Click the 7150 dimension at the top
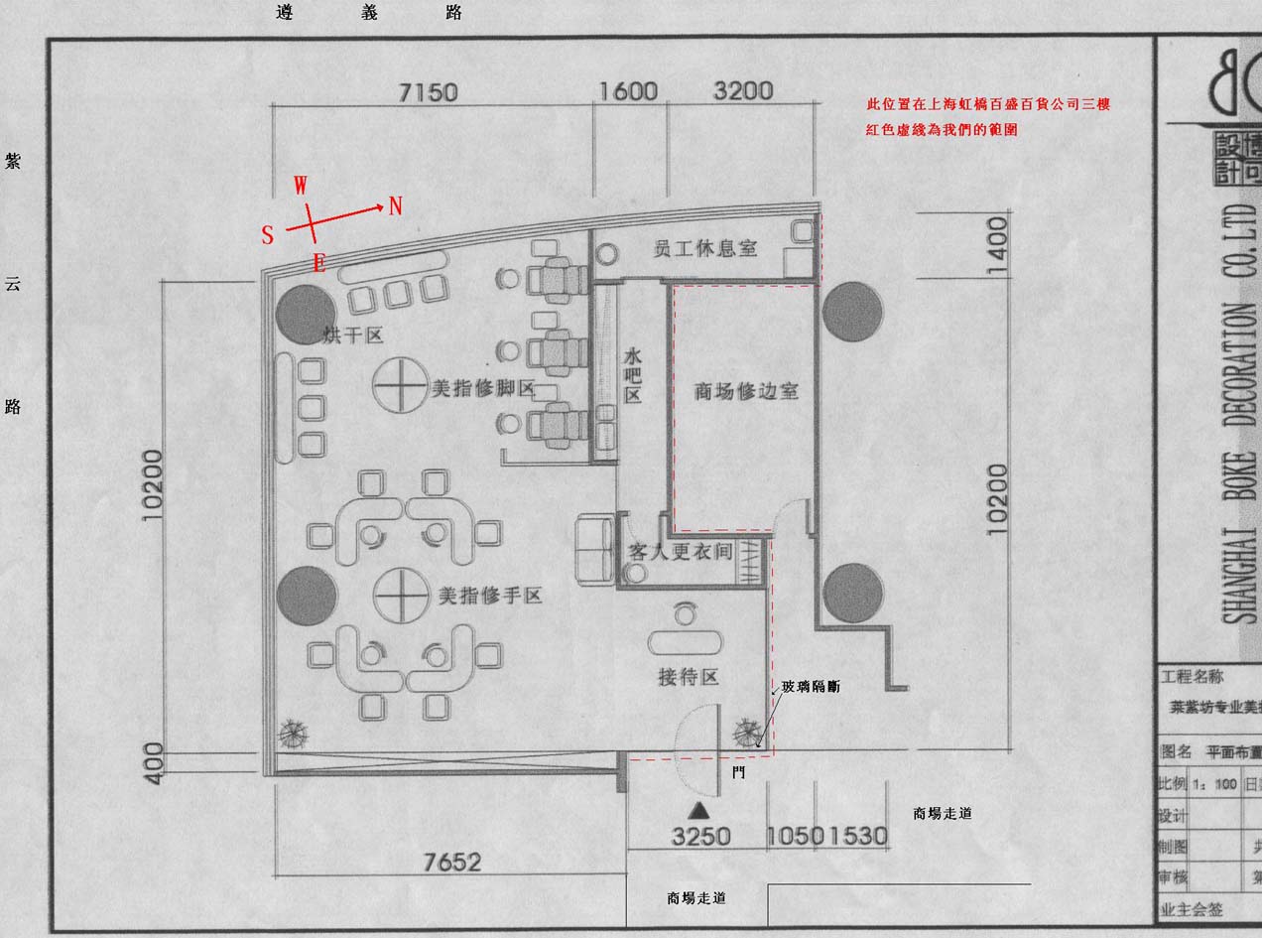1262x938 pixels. coord(428,92)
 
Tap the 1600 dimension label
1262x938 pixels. coord(628,91)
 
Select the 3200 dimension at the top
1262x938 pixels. coord(742,90)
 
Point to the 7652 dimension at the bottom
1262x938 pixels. coord(451,863)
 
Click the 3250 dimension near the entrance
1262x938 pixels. coord(700,836)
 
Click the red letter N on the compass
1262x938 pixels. coord(396,205)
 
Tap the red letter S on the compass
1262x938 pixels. coord(268,235)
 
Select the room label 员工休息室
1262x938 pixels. coord(704,248)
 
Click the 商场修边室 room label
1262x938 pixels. coord(746,391)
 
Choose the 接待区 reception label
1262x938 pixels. coord(688,678)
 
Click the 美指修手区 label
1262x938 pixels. coord(490,596)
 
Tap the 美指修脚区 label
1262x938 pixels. coord(483,389)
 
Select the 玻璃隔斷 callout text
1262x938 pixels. coord(810,686)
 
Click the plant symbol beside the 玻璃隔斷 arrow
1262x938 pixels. coord(745,733)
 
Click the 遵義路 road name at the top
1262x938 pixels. coord(369,13)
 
